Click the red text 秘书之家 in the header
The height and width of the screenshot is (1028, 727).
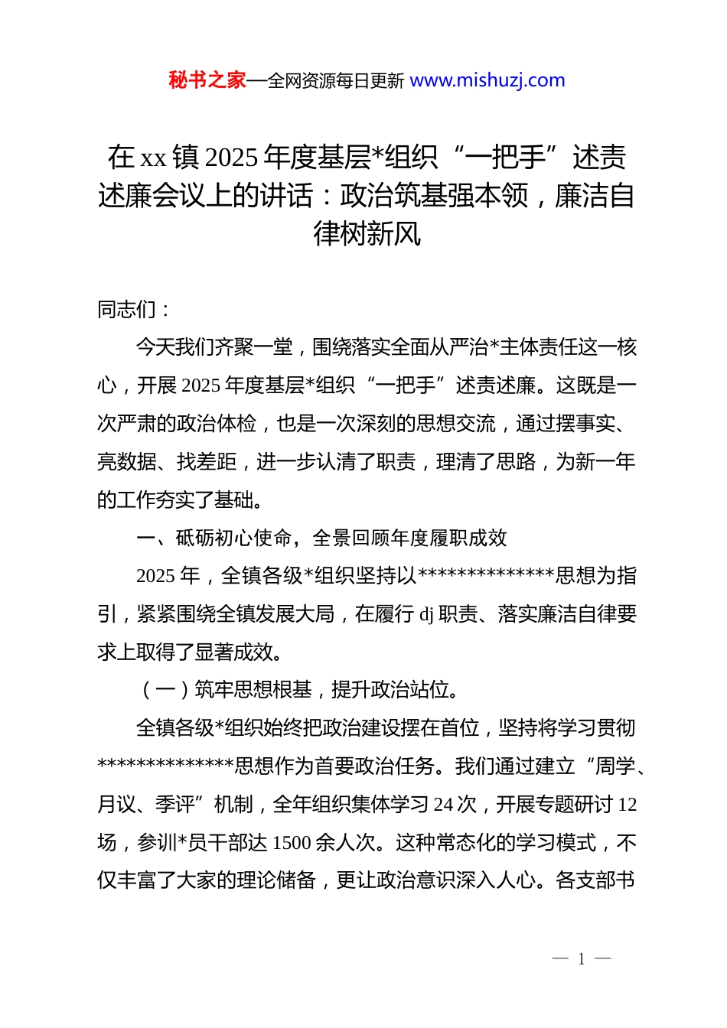tap(207, 80)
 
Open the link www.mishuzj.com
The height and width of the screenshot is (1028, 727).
tap(487, 80)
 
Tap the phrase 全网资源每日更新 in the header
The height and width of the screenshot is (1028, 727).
tap(336, 81)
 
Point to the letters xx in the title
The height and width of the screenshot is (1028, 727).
tap(153, 158)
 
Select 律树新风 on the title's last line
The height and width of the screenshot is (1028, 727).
tap(367, 233)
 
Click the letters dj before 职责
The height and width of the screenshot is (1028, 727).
tap(426, 614)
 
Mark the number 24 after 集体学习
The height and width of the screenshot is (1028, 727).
tap(444, 805)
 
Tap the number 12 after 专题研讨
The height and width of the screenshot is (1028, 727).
tap(627, 805)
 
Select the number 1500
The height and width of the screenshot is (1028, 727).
tap(292, 843)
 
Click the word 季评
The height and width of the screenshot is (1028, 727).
tap(175, 805)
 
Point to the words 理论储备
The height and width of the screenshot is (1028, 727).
tap(276, 880)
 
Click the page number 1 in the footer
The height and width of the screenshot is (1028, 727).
tap(582, 959)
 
